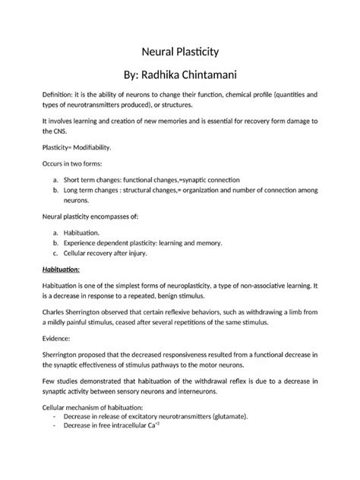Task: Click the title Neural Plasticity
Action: [x=180, y=53]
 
